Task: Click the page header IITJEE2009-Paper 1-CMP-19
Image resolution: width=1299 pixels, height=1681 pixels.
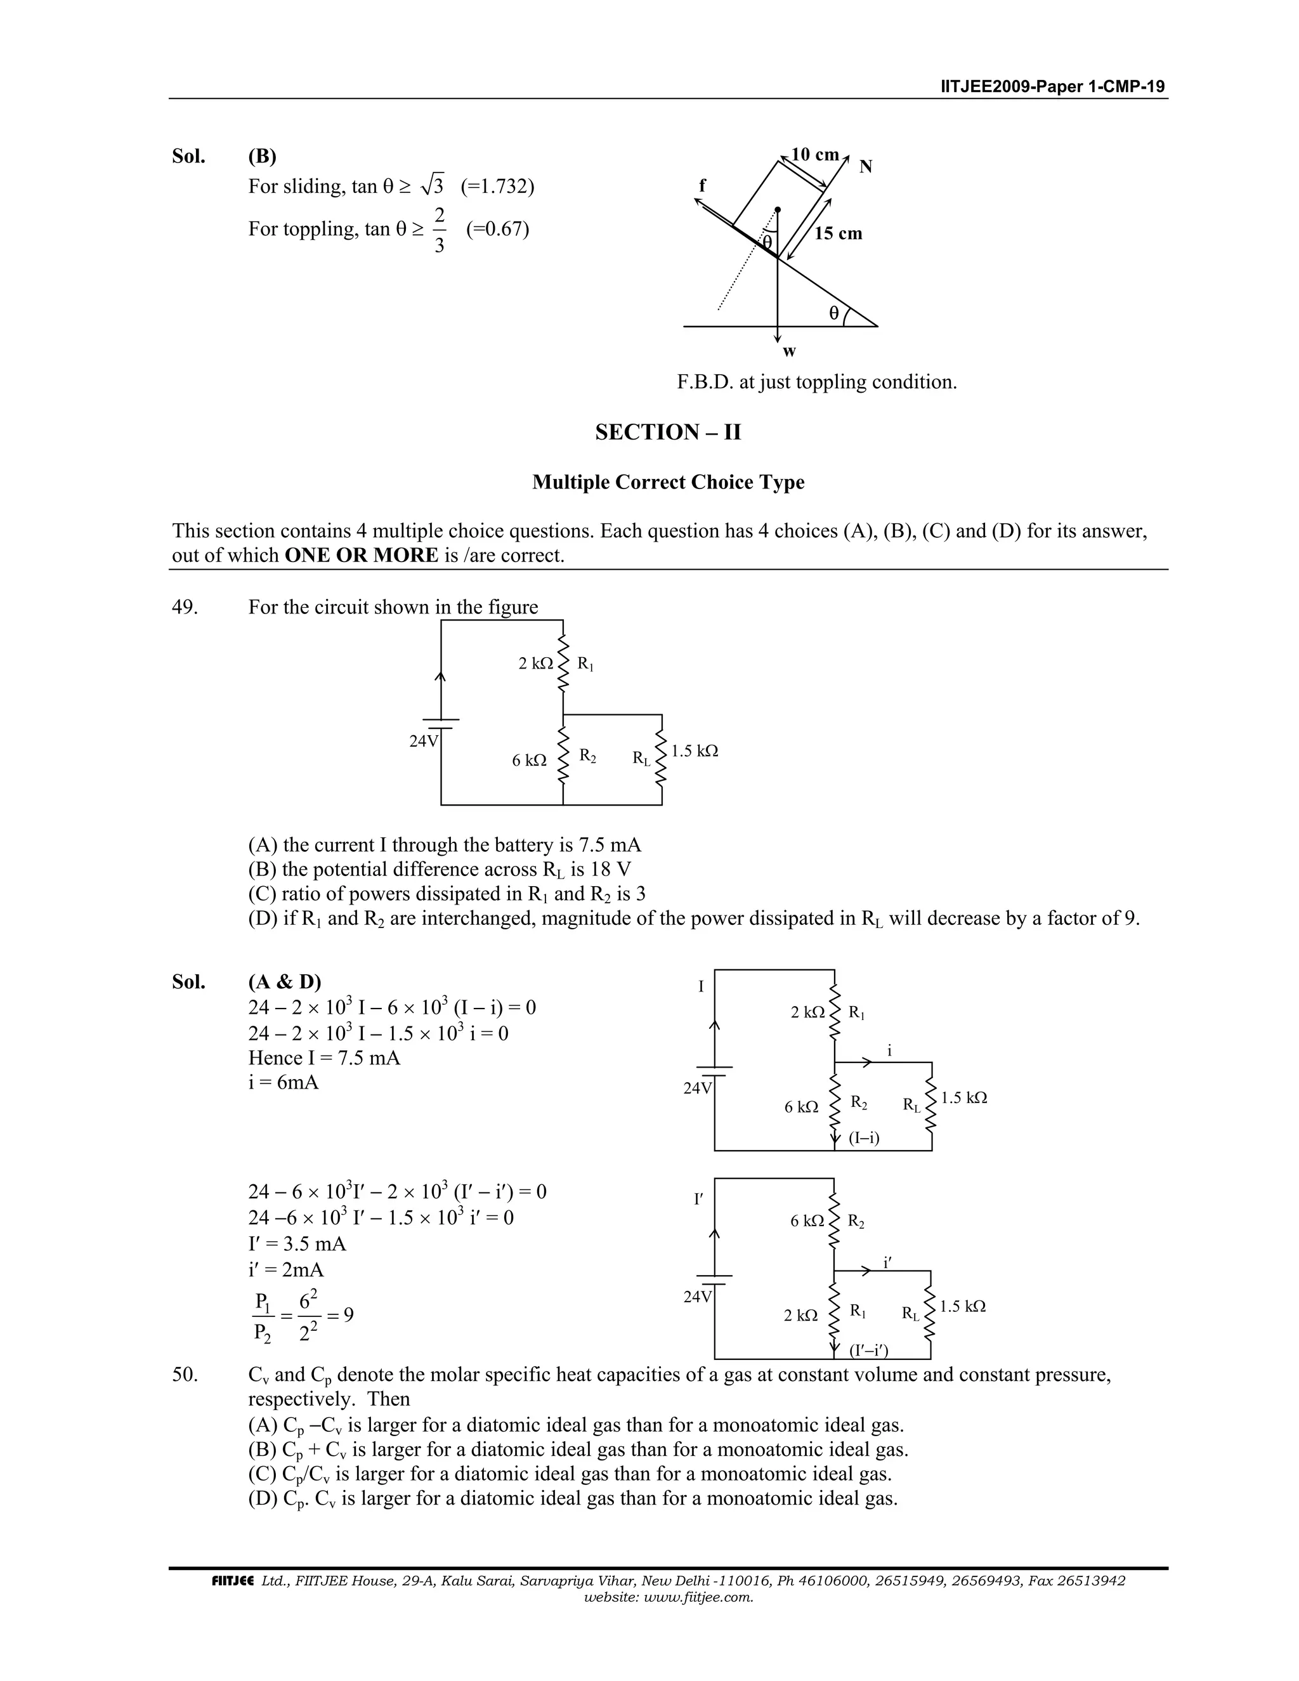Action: click(x=1052, y=86)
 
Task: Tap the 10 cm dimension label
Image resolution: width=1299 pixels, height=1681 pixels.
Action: click(x=815, y=155)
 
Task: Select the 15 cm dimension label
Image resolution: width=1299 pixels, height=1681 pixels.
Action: click(x=838, y=233)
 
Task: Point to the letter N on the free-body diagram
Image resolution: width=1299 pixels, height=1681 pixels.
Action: click(x=866, y=167)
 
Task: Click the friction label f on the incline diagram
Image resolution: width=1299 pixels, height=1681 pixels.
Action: click(x=702, y=185)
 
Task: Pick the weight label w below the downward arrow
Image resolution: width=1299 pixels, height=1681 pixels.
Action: click(x=789, y=353)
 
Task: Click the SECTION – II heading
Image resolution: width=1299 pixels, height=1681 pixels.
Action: click(x=668, y=433)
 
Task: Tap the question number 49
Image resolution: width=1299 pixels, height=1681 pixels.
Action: click(x=185, y=607)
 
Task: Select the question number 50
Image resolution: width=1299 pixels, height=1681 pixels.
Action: click(x=185, y=1375)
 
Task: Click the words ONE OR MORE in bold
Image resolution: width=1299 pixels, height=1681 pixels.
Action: click(x=361, y=556)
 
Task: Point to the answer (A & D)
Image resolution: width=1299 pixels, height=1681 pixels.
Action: click(x=285, y=982)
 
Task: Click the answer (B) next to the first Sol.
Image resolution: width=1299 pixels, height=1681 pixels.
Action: click(x=263, y=156)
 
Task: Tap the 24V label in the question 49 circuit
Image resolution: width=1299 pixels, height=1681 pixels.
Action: click(x=423, y=741)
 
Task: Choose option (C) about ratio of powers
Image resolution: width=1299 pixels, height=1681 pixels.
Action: click(x=447, y=894)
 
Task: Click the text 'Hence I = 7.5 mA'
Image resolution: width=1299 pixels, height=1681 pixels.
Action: click(x=324, y=1057)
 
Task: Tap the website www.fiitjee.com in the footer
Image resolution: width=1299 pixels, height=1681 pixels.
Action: click(x=668, y=1597)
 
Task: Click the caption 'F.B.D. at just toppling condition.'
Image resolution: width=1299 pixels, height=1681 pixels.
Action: click(x=816, y=383)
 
